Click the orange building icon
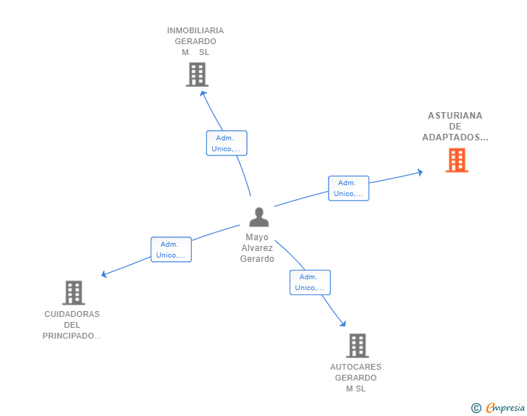click(x=457, y=161)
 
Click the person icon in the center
click(x=259, y=217)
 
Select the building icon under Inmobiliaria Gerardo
click(x=197, y=75)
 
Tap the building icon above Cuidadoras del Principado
click(x=74, y=293)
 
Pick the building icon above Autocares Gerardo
click(x=358, y=345)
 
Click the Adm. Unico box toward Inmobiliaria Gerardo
click(x=227, y=143)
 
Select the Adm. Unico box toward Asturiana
click(x=348, y=188)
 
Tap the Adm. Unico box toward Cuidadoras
click(x=171, y=250)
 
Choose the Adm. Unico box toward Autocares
click(x=310, y=282)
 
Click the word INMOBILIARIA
click(x=195, y=30)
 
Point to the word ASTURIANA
click(x=455, y=116)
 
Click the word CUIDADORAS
click(x=72, y=314)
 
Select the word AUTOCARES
click(x=355, y=367)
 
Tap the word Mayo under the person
click(x=257, y=237)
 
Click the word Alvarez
click(x=257, y=248)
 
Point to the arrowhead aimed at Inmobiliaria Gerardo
click(x=203, y=94)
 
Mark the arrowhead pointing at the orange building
click(x=420, y=172)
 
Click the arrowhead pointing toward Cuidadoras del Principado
click(x=104, y=274)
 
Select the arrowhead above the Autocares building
click(x=343, y=323)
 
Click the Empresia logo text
click(x=505, y=407)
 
